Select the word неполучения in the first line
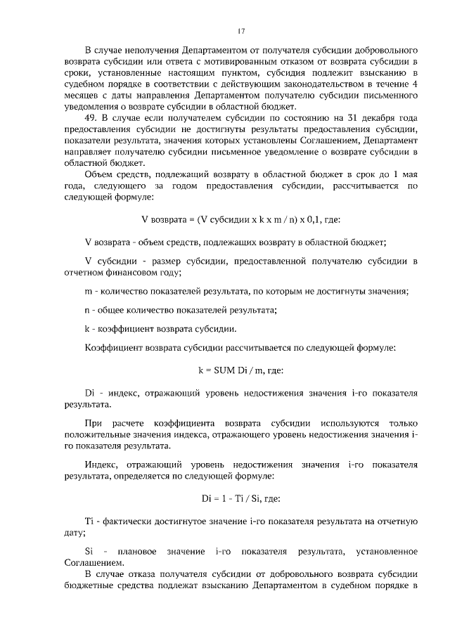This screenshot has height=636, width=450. (x=149, y=52)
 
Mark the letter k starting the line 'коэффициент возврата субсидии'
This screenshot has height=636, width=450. (x=86, y=329)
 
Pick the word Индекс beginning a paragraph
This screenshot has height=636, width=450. (x=101, y=465)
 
